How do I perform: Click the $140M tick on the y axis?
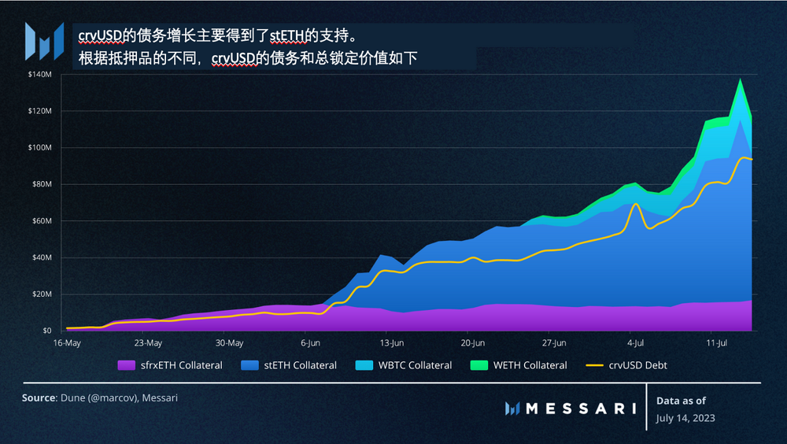click(39, 74)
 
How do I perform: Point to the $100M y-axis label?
click(39, 147)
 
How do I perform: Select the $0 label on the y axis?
click(46, 331)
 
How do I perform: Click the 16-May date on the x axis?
click(67, 343)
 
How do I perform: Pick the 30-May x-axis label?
click(229, 343)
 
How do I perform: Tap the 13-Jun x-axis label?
click(391, 343)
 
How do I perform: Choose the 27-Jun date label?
click(553, 343)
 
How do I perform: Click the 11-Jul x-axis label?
click(716, 343)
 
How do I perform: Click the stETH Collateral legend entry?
click(291, 365)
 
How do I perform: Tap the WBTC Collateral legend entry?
click(405, 365)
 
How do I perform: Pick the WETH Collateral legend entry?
click(520, 365)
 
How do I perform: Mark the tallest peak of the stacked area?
click(740, 79)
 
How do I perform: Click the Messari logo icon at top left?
click(44, 40)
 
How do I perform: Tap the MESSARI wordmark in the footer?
click(579, 408)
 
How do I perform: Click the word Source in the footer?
click(38, 398)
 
